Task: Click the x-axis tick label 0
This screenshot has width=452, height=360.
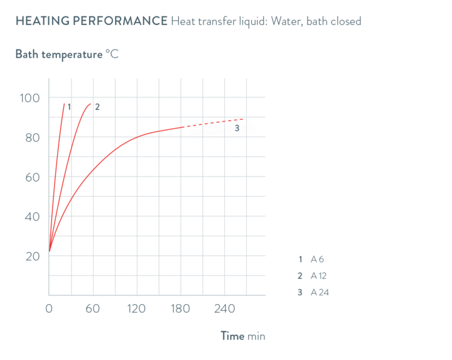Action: coord(48,308)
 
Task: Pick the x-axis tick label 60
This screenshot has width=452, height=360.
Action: coord(92,308)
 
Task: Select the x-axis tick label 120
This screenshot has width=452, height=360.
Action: coord(136,308)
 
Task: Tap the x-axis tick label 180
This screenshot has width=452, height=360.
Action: coord(180,308)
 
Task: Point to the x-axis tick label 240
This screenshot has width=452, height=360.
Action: coord(224,308)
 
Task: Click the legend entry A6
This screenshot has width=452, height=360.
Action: coord(317,259)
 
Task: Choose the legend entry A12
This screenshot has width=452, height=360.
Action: coord(319,275)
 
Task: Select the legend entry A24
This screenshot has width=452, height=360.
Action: coord(320,292)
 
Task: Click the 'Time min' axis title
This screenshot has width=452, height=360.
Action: coord(242,336)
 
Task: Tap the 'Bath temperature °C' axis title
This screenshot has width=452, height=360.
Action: coord(67,54)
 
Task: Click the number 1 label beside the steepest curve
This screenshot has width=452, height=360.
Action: coord(69,106)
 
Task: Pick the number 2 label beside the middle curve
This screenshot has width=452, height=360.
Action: coord(97,106)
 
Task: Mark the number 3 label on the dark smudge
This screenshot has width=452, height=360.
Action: coord(237,128)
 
